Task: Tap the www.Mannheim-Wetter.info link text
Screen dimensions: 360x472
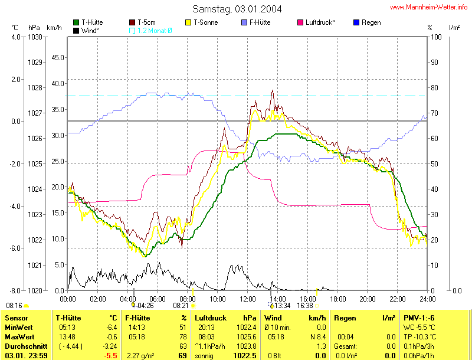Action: point(429,8)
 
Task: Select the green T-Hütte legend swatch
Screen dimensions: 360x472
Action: point(76,22)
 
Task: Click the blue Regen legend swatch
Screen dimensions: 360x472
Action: point(356,22)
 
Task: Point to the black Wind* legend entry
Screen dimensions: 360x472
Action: point(86,30)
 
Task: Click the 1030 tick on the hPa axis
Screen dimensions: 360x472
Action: point(35,37)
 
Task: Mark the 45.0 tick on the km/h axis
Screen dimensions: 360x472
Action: point(58,58)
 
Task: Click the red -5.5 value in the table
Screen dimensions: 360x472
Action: point(109,356)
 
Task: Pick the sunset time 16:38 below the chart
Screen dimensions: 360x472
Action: point(305,306)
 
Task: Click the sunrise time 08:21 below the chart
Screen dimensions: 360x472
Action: point(181,306)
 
